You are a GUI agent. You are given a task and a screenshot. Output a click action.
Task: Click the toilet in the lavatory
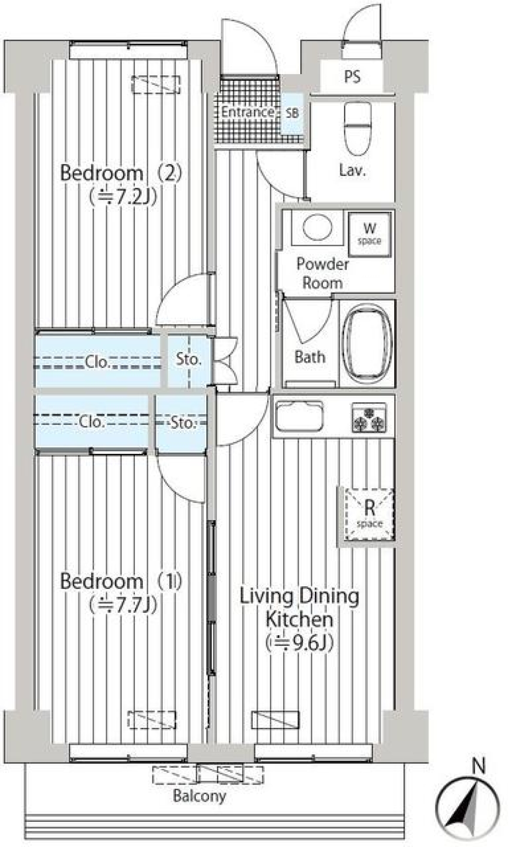point(357,128)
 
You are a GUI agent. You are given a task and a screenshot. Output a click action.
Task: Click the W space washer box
point(370,233)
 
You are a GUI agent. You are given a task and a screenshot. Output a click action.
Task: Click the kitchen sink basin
point(299,415)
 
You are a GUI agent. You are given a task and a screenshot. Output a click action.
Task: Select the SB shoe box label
point(292,113)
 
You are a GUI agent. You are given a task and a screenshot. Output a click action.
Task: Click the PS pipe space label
point(352,77)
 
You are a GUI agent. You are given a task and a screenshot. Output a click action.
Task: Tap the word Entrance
point(247,112)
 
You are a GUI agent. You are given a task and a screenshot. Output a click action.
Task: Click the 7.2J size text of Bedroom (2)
point(123,197)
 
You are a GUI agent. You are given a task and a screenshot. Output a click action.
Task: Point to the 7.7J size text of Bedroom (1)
point(123,605)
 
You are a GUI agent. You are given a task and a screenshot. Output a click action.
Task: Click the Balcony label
point(199,796)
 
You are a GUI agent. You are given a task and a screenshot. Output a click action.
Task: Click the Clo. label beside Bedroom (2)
point(97,362)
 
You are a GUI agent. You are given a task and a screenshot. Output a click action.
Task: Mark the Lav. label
point(352,170)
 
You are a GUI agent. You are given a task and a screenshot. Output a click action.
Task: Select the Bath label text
point(309,357)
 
